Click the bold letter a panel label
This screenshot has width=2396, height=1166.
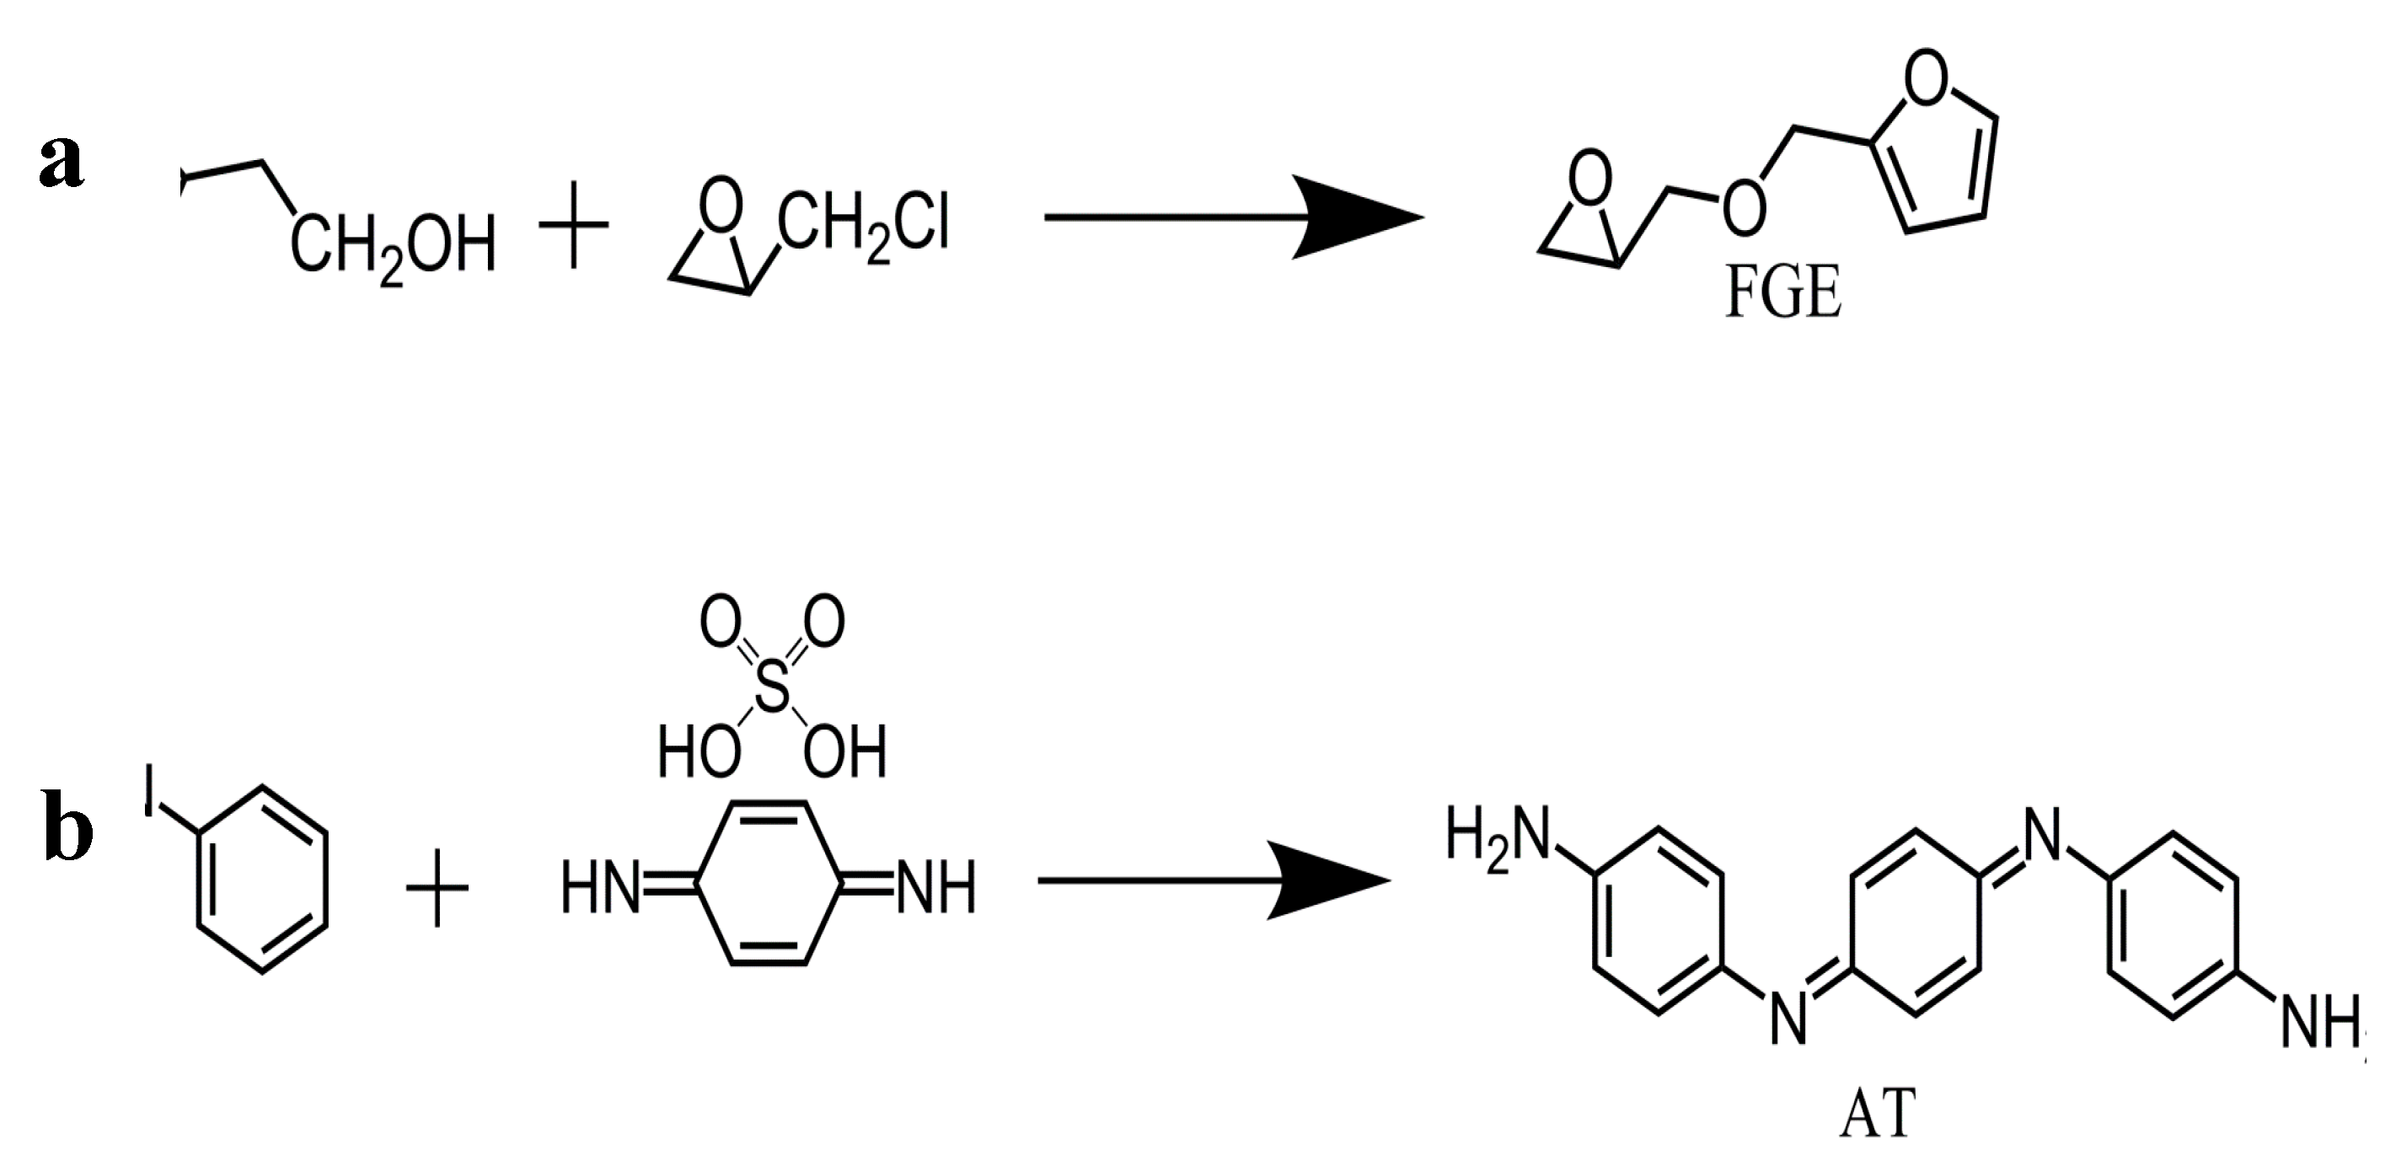tap(62, 160)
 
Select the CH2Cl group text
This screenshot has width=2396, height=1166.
tap(864, 226)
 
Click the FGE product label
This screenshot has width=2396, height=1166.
tap(1782, 293)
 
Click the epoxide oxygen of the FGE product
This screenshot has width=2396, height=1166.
tap(1591, 179)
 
